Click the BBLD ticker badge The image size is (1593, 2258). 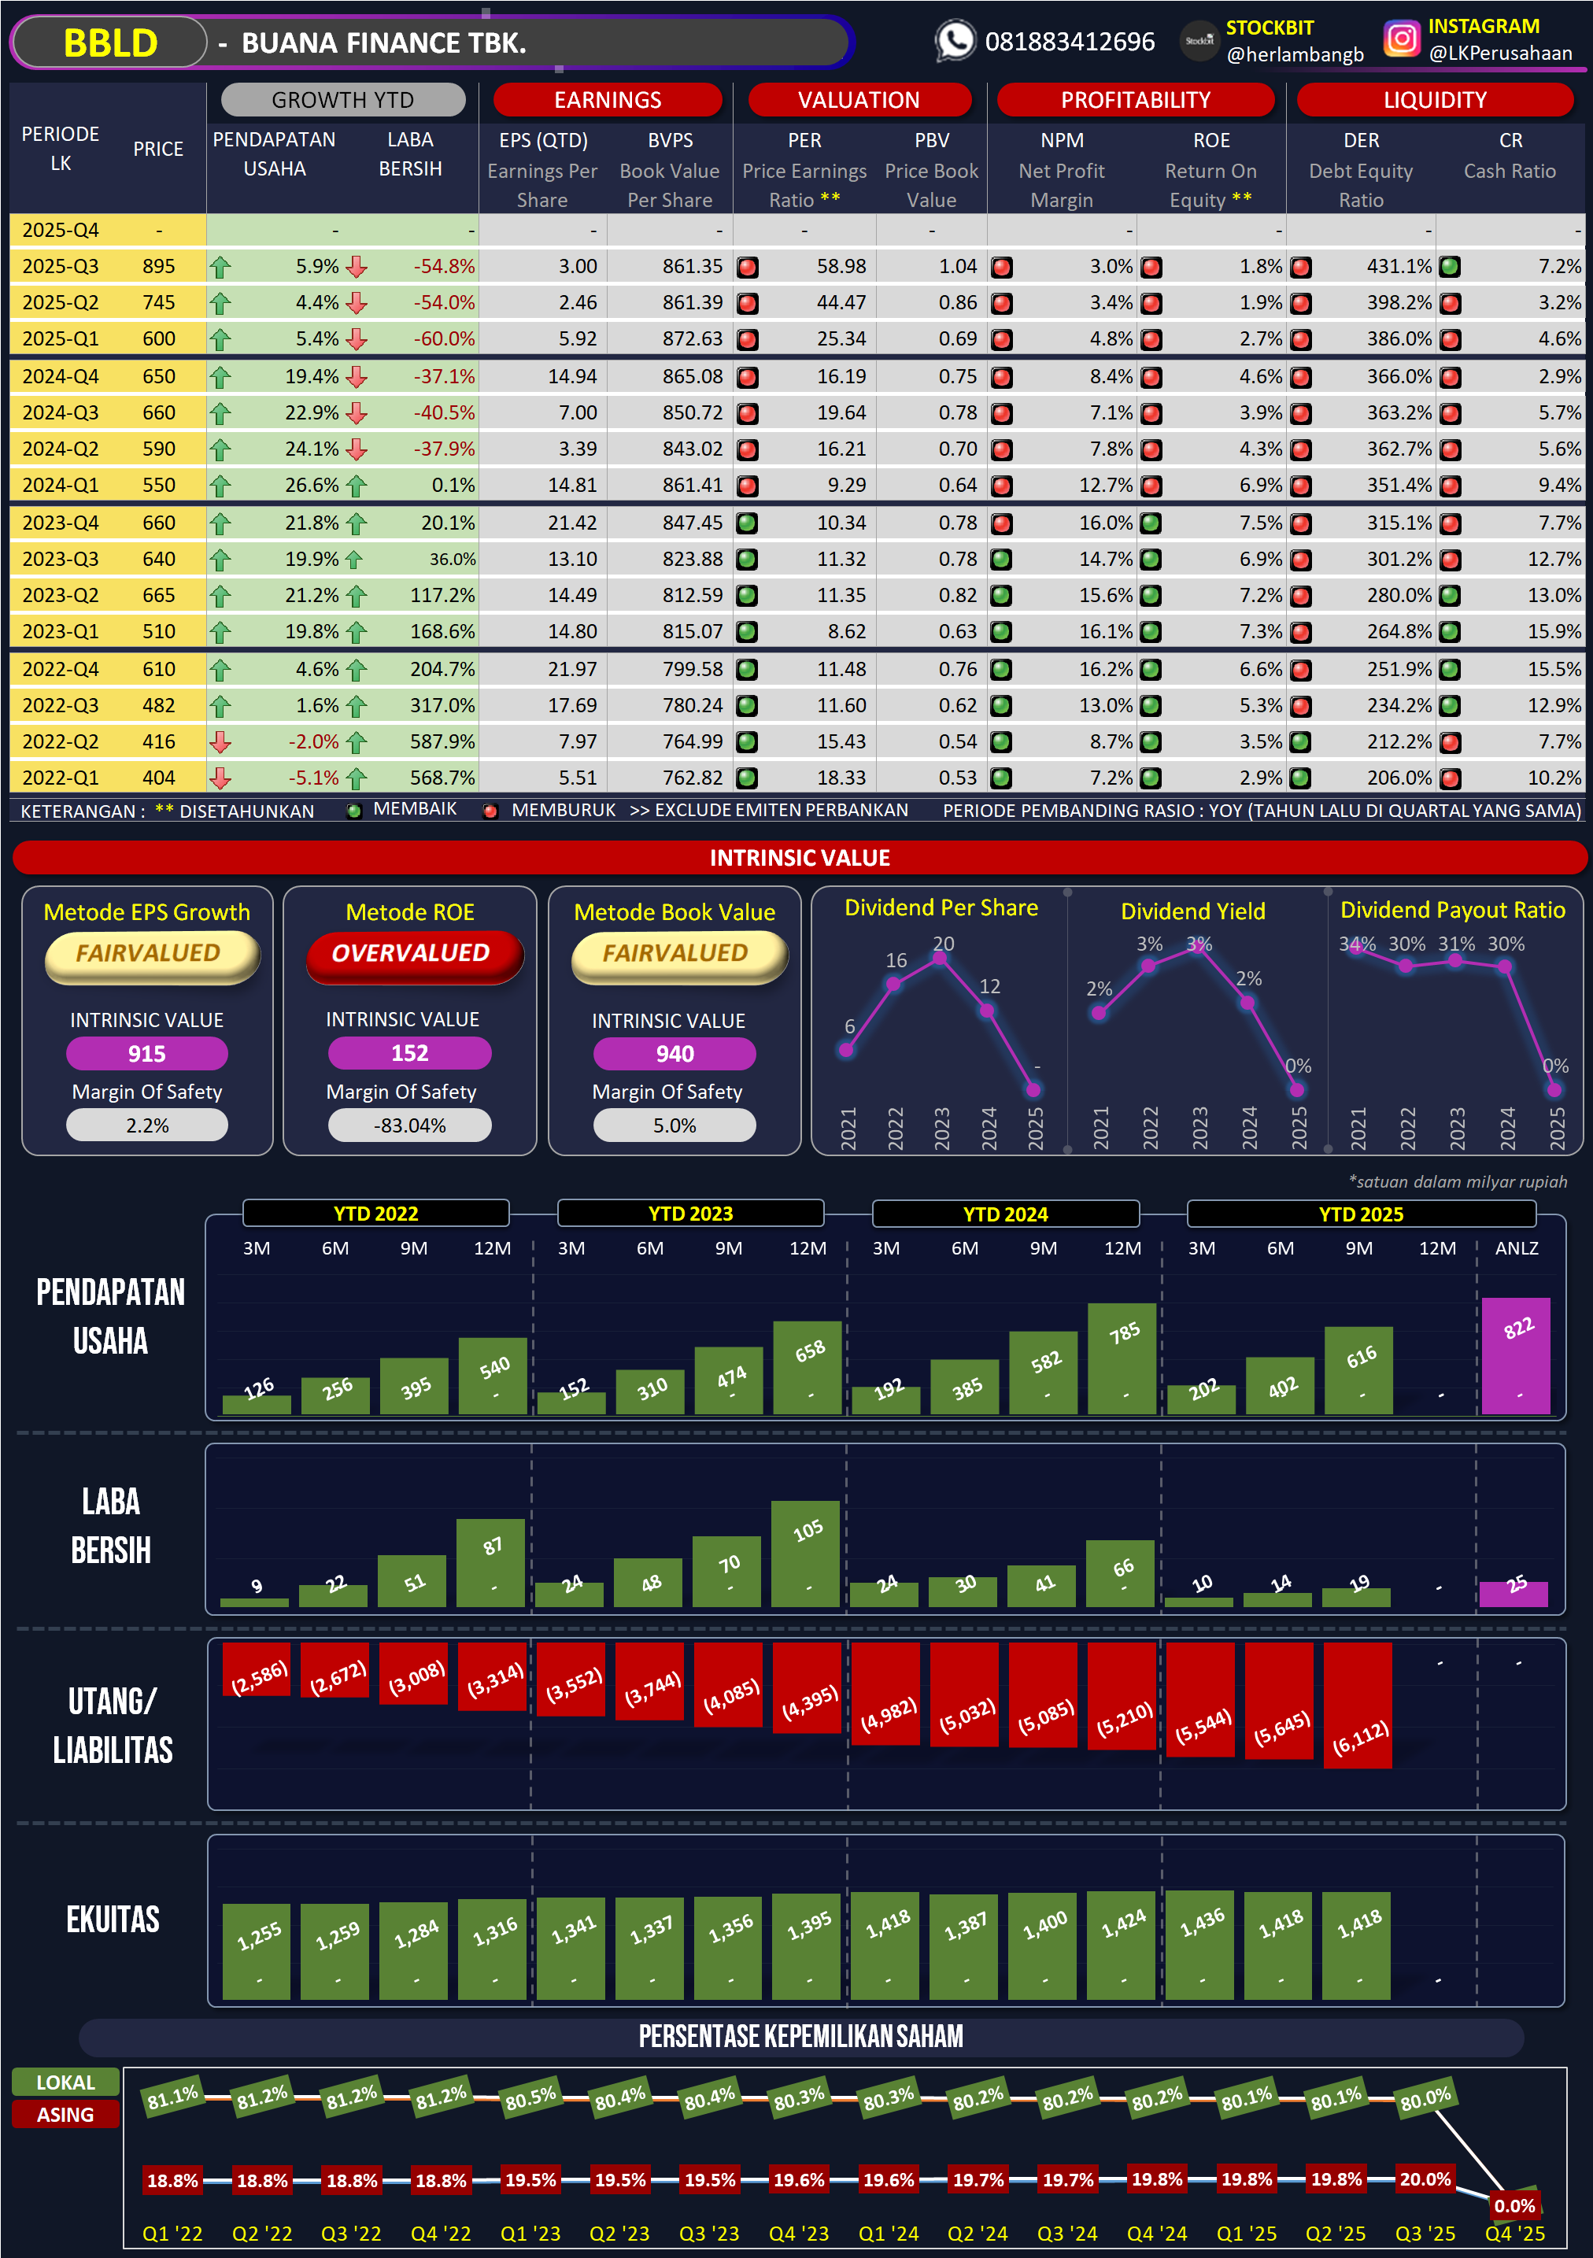[110, 43]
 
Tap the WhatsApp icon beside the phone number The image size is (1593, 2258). [954, 41]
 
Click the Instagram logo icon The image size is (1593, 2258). [1401, 39]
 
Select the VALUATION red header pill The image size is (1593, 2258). [859, 100]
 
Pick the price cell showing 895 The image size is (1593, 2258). [158, 267]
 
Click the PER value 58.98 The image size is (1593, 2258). [841, 267]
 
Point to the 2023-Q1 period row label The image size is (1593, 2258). [60, 631]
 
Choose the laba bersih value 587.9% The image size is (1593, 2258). [442, 741]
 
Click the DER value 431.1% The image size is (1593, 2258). [1399, 267]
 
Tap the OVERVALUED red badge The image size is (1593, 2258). [410, 953]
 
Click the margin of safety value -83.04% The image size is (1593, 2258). [410, 1126]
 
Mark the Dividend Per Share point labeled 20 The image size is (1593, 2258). [940, 959]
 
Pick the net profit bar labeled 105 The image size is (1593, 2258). [805, 1553]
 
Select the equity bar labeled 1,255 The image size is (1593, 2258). [257, 1951]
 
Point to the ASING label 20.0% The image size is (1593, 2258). [1425, 2179]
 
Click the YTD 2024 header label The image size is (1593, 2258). [1005, 1214]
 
